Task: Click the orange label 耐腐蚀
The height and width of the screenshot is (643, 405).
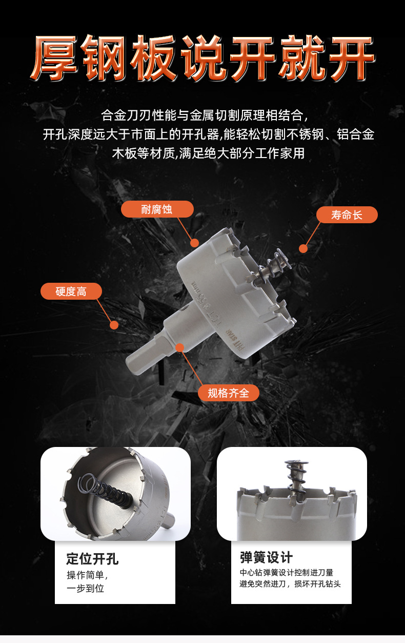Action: [157, 209]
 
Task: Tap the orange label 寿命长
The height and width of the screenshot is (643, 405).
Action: [347, 215]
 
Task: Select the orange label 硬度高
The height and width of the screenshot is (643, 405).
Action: [71, 291]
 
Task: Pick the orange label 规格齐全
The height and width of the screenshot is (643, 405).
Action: [228, 393]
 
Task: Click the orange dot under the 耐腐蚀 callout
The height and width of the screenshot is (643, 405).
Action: [194, 243]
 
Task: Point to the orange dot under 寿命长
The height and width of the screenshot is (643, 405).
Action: [303, 249]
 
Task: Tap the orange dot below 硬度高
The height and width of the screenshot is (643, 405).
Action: [114, 325]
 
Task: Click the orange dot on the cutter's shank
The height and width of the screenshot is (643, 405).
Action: [179, 347]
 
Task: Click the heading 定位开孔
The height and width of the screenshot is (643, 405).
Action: [92, 559]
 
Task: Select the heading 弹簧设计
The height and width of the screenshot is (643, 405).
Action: [266, 558]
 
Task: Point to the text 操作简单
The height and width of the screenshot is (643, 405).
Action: [87, 575]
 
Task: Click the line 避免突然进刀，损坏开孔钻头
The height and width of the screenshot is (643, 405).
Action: [290, 584]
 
